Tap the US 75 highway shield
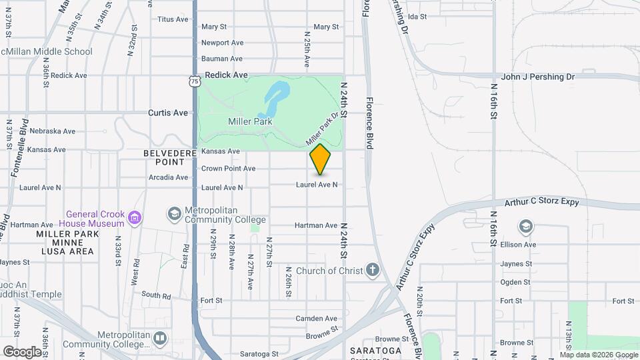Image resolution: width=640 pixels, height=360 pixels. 194,81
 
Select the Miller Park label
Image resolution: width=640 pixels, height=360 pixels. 250,122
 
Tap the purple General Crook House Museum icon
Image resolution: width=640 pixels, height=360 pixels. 135,217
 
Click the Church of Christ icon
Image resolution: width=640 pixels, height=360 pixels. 372,271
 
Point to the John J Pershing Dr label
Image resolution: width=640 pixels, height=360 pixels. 537,77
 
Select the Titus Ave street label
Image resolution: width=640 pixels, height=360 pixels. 173,19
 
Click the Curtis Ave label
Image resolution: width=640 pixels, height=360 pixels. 168,113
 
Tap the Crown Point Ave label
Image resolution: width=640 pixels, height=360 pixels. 228,169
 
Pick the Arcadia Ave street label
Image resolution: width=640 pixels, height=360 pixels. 168,177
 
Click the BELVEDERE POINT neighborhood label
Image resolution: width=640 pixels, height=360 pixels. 163,157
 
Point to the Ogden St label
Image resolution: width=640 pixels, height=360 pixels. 515,282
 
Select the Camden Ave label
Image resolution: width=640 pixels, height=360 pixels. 317,319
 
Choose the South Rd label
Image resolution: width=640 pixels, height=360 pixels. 156,295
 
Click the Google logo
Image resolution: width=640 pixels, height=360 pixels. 22,351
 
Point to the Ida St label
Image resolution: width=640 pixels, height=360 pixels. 416,16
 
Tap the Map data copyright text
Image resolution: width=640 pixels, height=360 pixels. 598,355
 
